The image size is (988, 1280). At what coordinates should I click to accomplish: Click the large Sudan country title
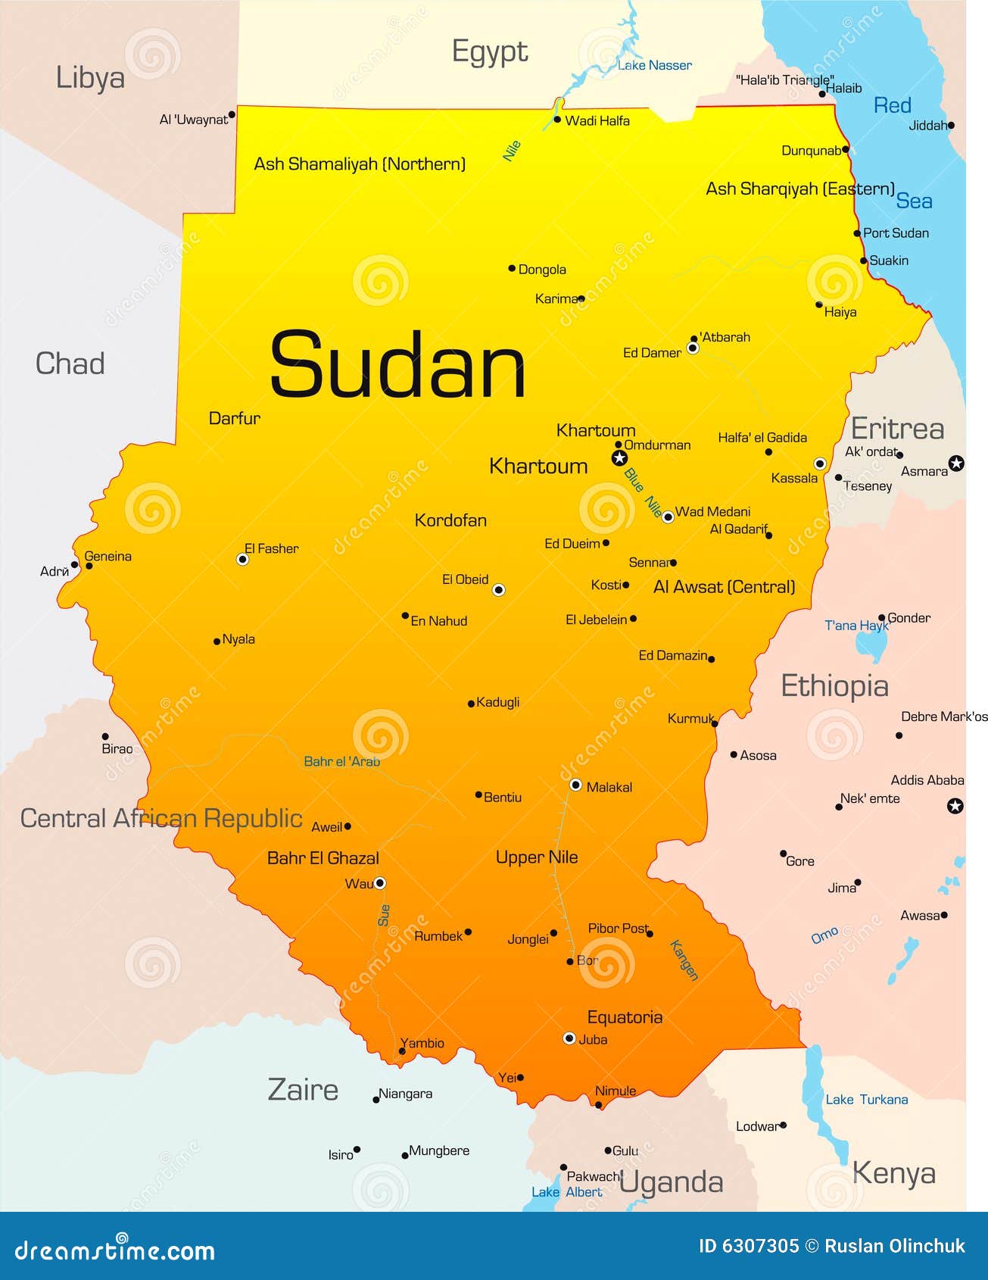point(397,365)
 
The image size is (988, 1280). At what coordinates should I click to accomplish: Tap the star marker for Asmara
point(956,464)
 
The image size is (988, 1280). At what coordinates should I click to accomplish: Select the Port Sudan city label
point(896,233)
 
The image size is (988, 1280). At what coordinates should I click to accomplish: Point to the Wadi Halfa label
point(597,120)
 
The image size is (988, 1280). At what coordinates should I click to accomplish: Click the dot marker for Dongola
point(512,268)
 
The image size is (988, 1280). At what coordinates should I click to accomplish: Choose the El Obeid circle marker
point(498,590)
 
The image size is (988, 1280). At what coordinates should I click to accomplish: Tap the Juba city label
point(593,1040)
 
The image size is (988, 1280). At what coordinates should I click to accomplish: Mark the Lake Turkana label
point(866,1100)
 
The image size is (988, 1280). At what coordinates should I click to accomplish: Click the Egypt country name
point(490,52)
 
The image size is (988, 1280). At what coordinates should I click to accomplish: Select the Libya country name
point(90,78)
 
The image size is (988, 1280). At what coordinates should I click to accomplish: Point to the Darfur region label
point(235,418)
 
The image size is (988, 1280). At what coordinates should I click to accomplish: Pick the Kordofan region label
point(450,520)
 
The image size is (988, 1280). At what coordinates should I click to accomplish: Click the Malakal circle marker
point(575,785)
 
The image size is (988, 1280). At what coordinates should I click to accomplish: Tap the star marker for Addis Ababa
point(955,806)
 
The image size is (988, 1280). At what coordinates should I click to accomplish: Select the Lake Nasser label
point(655,66)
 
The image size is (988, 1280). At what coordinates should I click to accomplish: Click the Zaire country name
point(303,1090)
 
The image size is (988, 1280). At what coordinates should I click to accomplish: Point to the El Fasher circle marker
point(242,560)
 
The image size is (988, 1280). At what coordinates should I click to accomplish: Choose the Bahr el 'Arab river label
point(342,761)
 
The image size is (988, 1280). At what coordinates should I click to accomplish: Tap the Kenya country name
point(893,1173)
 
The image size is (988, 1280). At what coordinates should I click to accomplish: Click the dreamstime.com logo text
point(115,1250)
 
